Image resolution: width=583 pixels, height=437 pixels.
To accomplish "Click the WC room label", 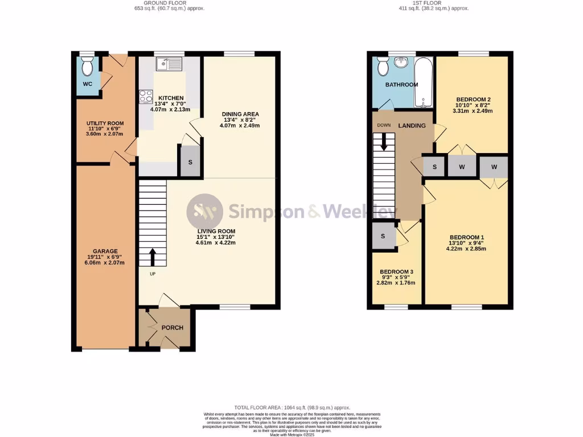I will (88, 84).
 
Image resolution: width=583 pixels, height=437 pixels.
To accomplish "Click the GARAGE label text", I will (105, 251).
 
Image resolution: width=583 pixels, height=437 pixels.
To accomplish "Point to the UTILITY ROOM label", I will (105, 123).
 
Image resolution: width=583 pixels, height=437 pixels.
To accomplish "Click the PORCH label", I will (171, 328).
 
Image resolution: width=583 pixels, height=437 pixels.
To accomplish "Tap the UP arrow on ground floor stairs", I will (153, 257).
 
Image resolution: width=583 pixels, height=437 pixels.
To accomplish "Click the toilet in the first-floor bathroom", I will (383, 67).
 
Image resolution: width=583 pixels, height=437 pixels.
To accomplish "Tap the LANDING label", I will (412, 126).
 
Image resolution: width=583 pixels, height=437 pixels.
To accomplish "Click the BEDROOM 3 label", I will (396, 271).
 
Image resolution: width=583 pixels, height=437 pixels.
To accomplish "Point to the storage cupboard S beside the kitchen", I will (190, 162).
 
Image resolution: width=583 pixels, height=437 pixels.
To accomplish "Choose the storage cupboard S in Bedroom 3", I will (383, 236).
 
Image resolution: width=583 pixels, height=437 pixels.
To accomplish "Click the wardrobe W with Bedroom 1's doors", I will (494, 167).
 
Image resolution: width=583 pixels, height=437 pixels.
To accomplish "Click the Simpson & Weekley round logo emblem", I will (205, 212).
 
